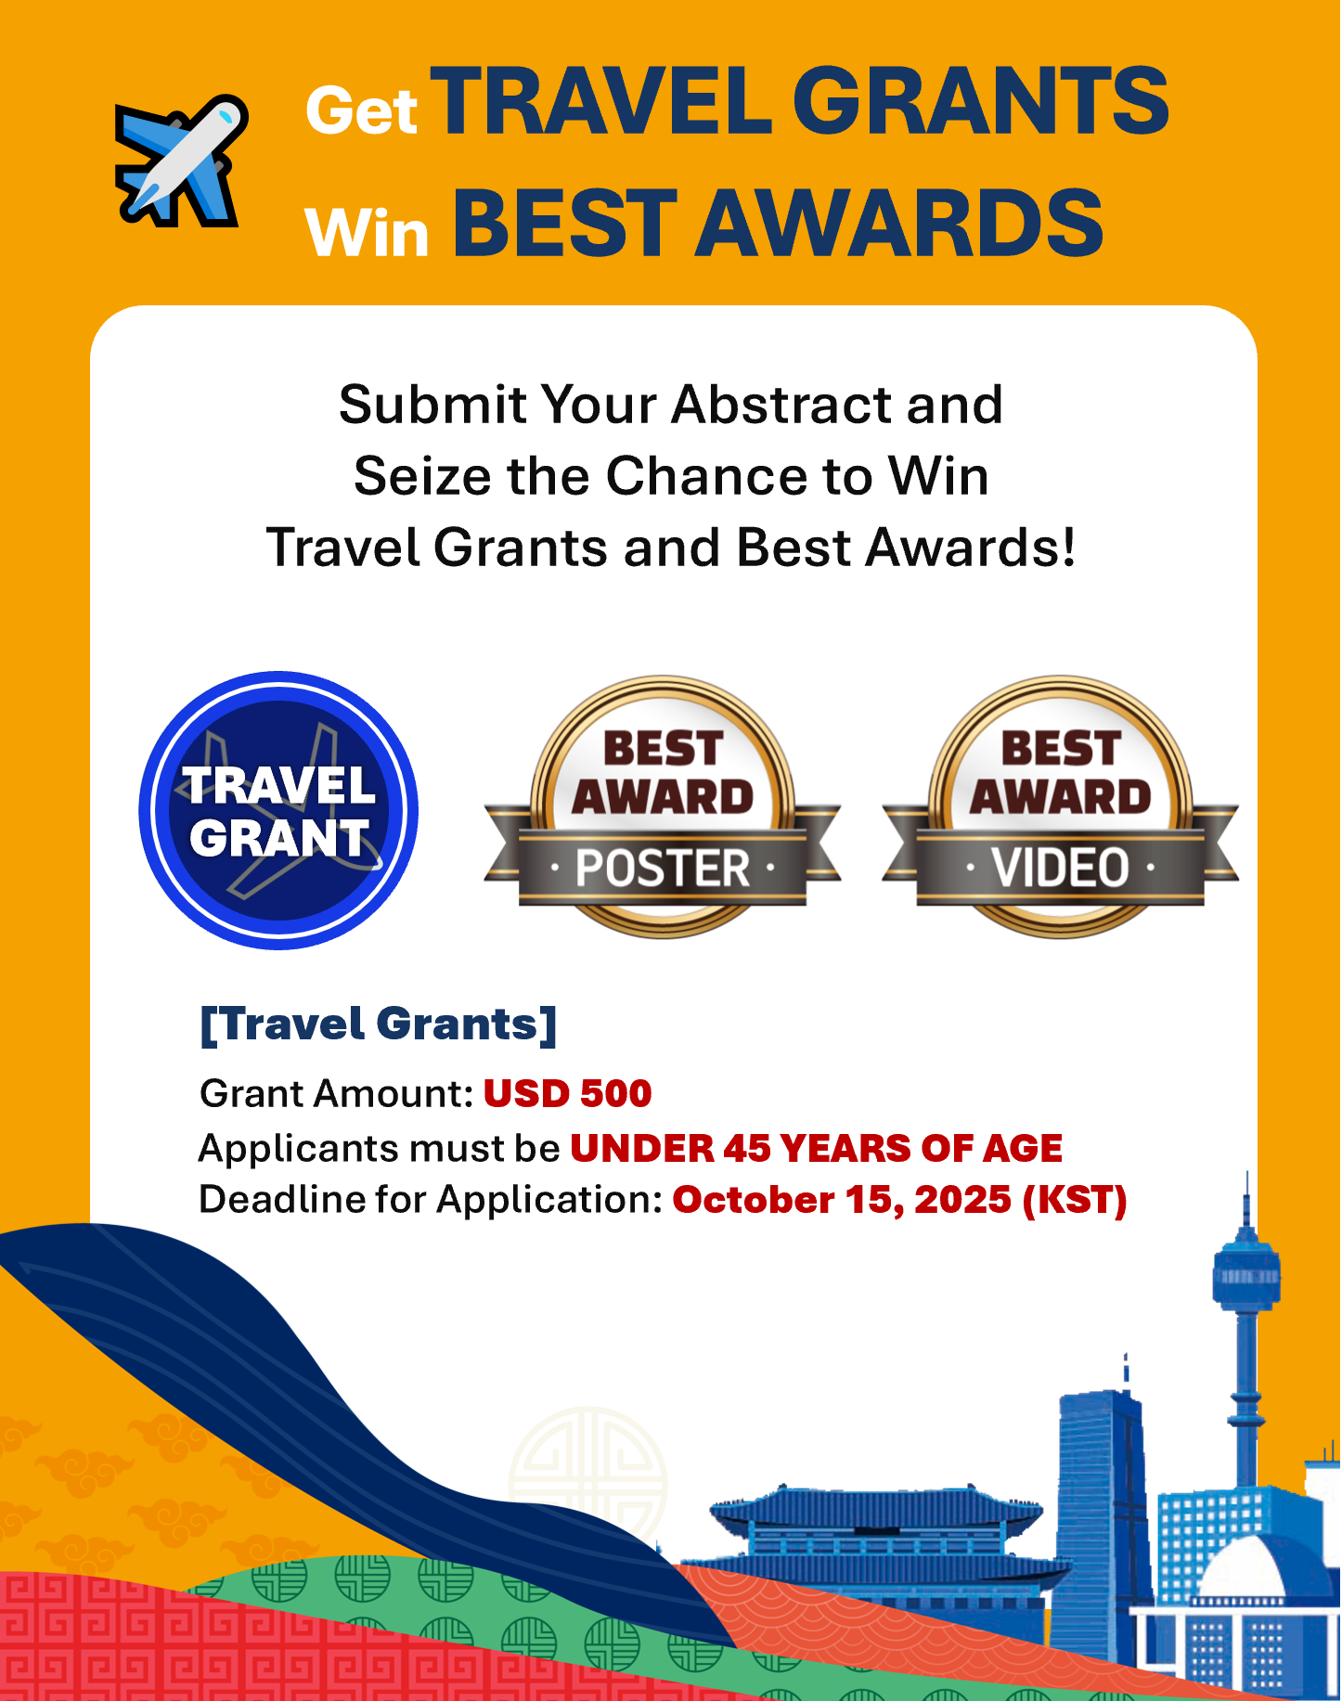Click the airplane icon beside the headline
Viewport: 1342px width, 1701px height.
coord(182,160)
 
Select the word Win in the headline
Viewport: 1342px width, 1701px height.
coord(367,233)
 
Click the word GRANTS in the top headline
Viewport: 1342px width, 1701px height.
coord(980,101)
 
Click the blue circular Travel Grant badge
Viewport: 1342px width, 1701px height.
coord(278,810)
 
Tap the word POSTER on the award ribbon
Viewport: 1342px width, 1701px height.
coord(663,869)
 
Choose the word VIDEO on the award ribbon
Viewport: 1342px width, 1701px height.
coord(1060,869)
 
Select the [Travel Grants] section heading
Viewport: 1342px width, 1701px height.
coord(379,1024)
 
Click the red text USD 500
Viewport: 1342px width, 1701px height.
coord(568,1093)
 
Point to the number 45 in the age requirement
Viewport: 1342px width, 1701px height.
coord(746,1148)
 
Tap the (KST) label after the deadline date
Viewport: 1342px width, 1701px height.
coord(1075,1200)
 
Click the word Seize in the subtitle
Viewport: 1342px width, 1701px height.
coord(422,476)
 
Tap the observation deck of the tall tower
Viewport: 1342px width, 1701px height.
coord(1246,1274)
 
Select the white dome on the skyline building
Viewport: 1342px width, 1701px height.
coord(1244,1569)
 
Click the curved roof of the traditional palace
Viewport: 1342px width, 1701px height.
coord(876,1508)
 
